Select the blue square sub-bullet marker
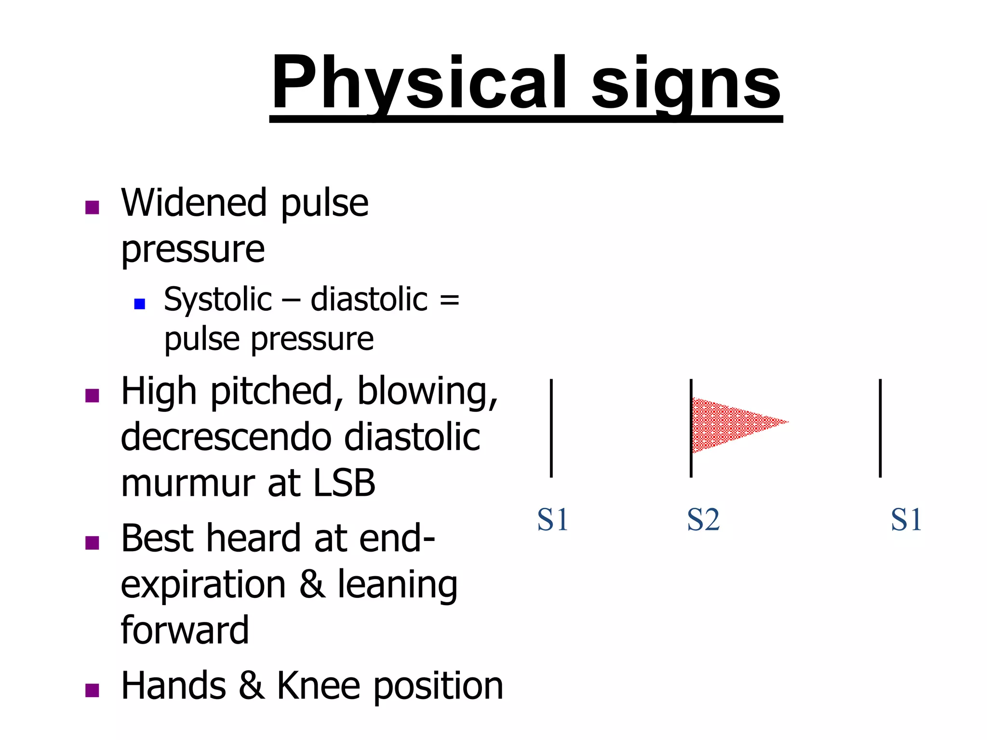coord(140,304)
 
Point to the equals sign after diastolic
coord(449,300)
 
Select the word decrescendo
coord(227,437)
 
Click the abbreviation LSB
coord(344,483)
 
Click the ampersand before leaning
coord(312,584)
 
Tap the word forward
coord(185,630)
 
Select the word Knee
coord(318,686)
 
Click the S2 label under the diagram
coord(703,520)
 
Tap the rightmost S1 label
coord(906,520)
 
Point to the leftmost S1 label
coord(553,520)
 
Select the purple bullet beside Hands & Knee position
coord(92,690)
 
